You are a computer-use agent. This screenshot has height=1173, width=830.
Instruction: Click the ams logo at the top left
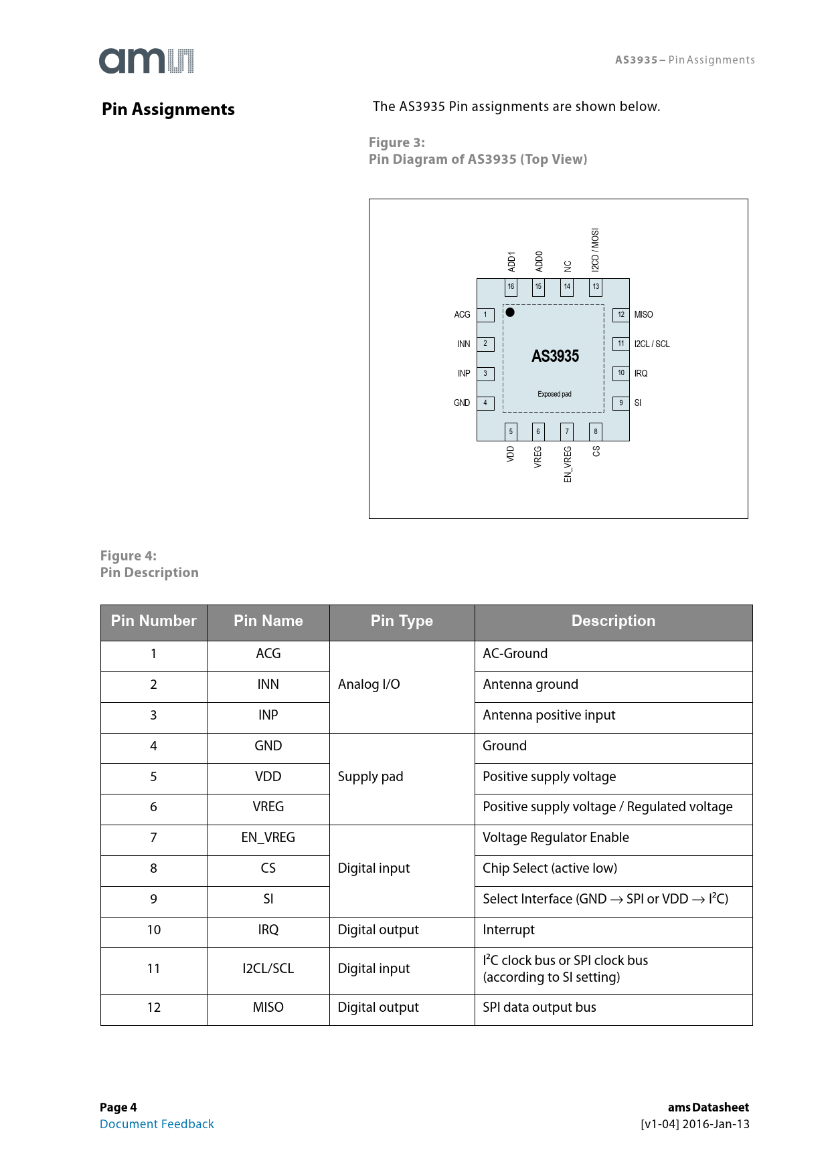click(146, 61)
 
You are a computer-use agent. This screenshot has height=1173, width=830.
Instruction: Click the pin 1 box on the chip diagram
click(486, 315)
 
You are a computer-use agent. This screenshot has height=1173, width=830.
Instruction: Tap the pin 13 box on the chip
click(596, 287)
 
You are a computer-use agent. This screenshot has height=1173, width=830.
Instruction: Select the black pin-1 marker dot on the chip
click(510, 312)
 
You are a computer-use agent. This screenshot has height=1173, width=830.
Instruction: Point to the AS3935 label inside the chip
click(555, 356)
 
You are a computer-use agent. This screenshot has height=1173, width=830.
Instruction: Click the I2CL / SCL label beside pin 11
click(651, 344)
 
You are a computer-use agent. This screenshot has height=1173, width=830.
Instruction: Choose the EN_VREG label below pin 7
click(568, 463)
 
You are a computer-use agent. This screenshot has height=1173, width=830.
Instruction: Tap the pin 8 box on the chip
click(596, 431)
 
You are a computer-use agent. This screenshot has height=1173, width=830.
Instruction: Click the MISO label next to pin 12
click(643, 315)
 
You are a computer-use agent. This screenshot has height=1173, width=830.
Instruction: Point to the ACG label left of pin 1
click(462, 315)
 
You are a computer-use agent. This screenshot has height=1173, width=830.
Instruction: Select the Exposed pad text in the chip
click(554, 394)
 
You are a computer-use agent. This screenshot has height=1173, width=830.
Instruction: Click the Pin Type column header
click(402, 621)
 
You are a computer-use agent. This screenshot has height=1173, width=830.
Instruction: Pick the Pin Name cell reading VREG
click(268, 807)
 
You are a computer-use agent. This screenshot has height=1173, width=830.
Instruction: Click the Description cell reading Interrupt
click(509, 930)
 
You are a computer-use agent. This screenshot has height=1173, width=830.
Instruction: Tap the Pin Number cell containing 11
click(154, 968)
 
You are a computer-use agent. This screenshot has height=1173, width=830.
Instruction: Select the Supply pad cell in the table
click(370, 776)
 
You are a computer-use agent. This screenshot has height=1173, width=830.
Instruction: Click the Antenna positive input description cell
click(549, 715)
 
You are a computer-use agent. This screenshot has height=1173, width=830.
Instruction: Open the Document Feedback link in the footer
click(157, 1124)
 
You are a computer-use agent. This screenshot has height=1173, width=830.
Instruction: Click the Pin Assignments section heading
click(168, 110)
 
